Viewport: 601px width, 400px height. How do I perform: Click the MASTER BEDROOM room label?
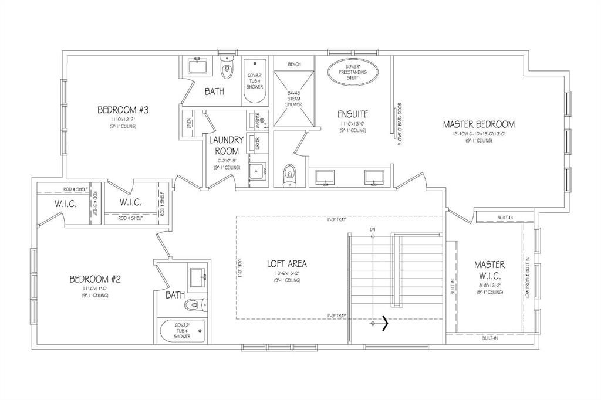point(478,124)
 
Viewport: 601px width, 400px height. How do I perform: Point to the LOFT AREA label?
point(286,264)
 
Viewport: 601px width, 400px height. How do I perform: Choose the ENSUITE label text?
point(352,113)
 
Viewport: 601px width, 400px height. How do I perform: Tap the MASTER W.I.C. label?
point(489,270)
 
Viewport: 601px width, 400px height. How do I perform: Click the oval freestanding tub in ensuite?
point(352,72)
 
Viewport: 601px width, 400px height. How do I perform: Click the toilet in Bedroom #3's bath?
point(227,69)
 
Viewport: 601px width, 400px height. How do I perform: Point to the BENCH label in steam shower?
point(294,64)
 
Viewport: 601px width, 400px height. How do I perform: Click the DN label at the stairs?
point(372,228)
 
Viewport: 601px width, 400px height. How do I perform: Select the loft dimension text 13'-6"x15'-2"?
point(286,273)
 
